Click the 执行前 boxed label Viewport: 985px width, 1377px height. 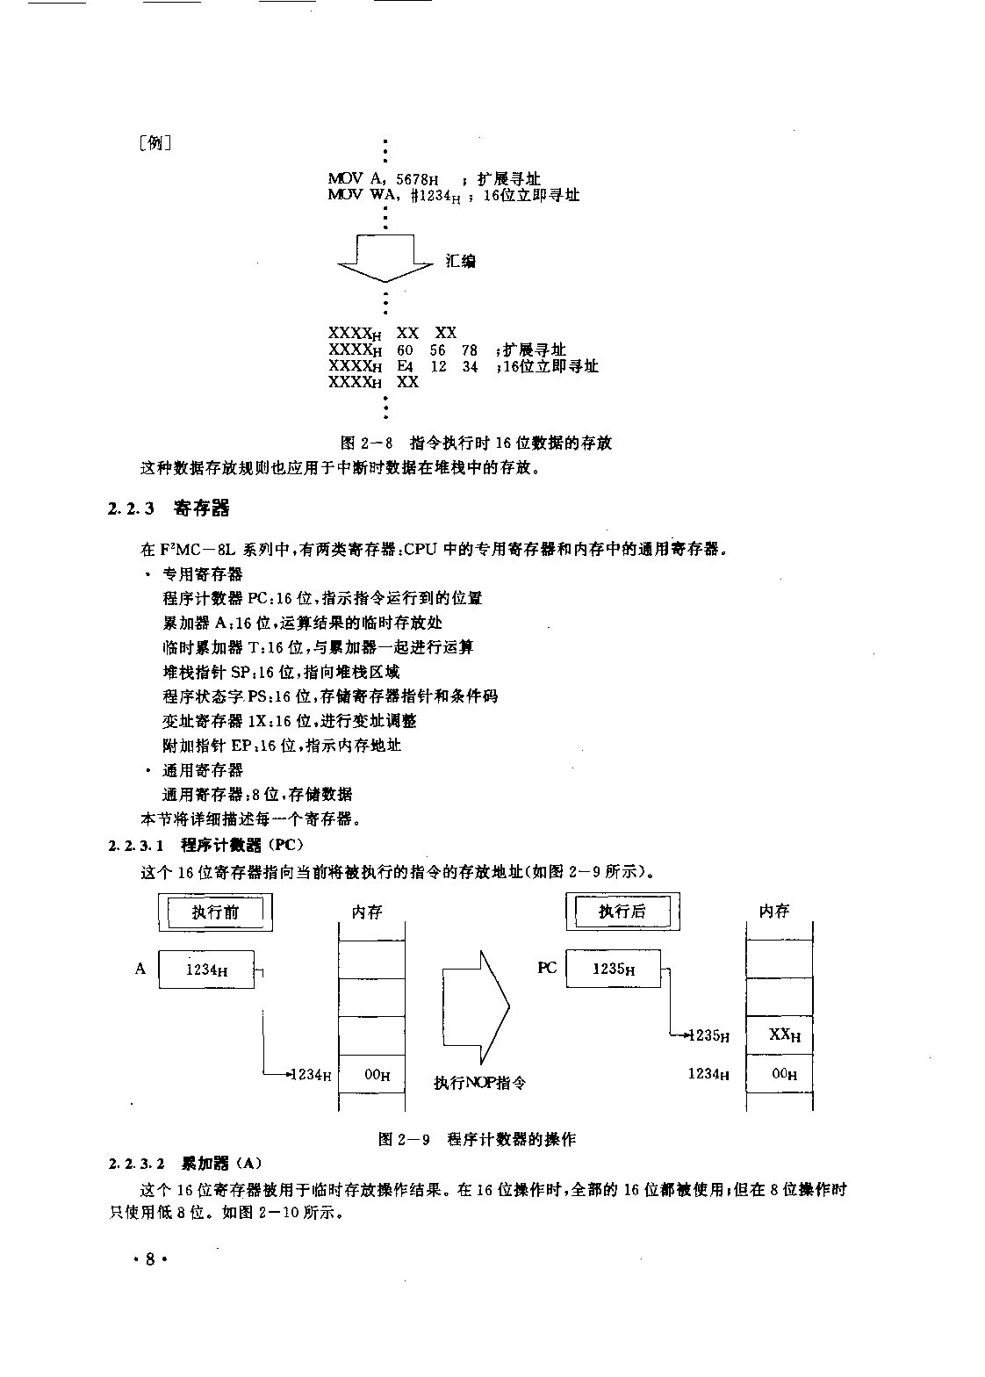[x=215, y=912]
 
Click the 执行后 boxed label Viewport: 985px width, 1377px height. [x=622, y=911]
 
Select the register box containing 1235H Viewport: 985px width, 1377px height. [x=614, y=969]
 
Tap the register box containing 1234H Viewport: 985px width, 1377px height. [x=206, y=970]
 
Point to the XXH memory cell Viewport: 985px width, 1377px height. [x=780, y=1035]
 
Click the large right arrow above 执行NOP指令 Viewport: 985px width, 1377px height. [x=476, y=1007]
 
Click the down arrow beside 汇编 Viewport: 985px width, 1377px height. [x=385, y=258]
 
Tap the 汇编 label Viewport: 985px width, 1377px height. [x=460, y=262]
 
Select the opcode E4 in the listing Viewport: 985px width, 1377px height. [x=405, y=366]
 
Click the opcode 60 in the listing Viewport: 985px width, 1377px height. [x=405, y=350]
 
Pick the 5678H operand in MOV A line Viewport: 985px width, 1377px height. [x=417, y=179]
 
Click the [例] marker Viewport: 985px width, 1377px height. [x=155, y=143]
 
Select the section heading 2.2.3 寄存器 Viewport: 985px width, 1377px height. [x=169, y=508]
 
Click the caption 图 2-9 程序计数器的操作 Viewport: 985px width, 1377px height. [x=477, y=1139]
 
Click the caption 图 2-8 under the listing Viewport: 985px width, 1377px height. [x=476, y=443]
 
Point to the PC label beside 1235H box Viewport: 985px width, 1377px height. [x=547, y=968]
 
